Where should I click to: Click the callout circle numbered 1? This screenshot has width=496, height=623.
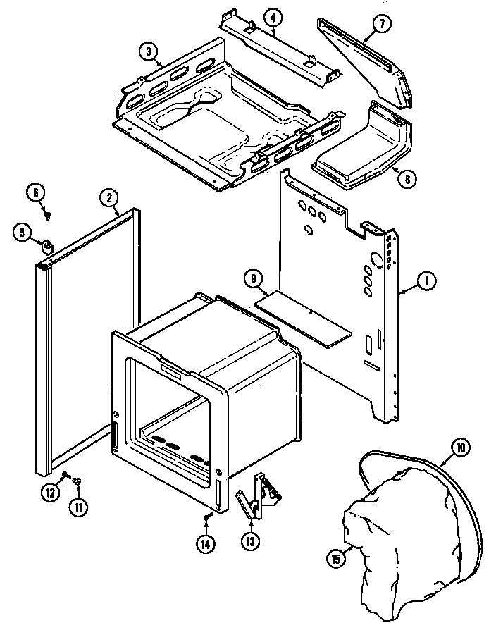point(426,282)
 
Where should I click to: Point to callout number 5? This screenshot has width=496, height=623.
point(22,230)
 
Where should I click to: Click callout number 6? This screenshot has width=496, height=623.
point(35,191)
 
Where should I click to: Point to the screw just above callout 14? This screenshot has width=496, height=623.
point(206,519)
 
